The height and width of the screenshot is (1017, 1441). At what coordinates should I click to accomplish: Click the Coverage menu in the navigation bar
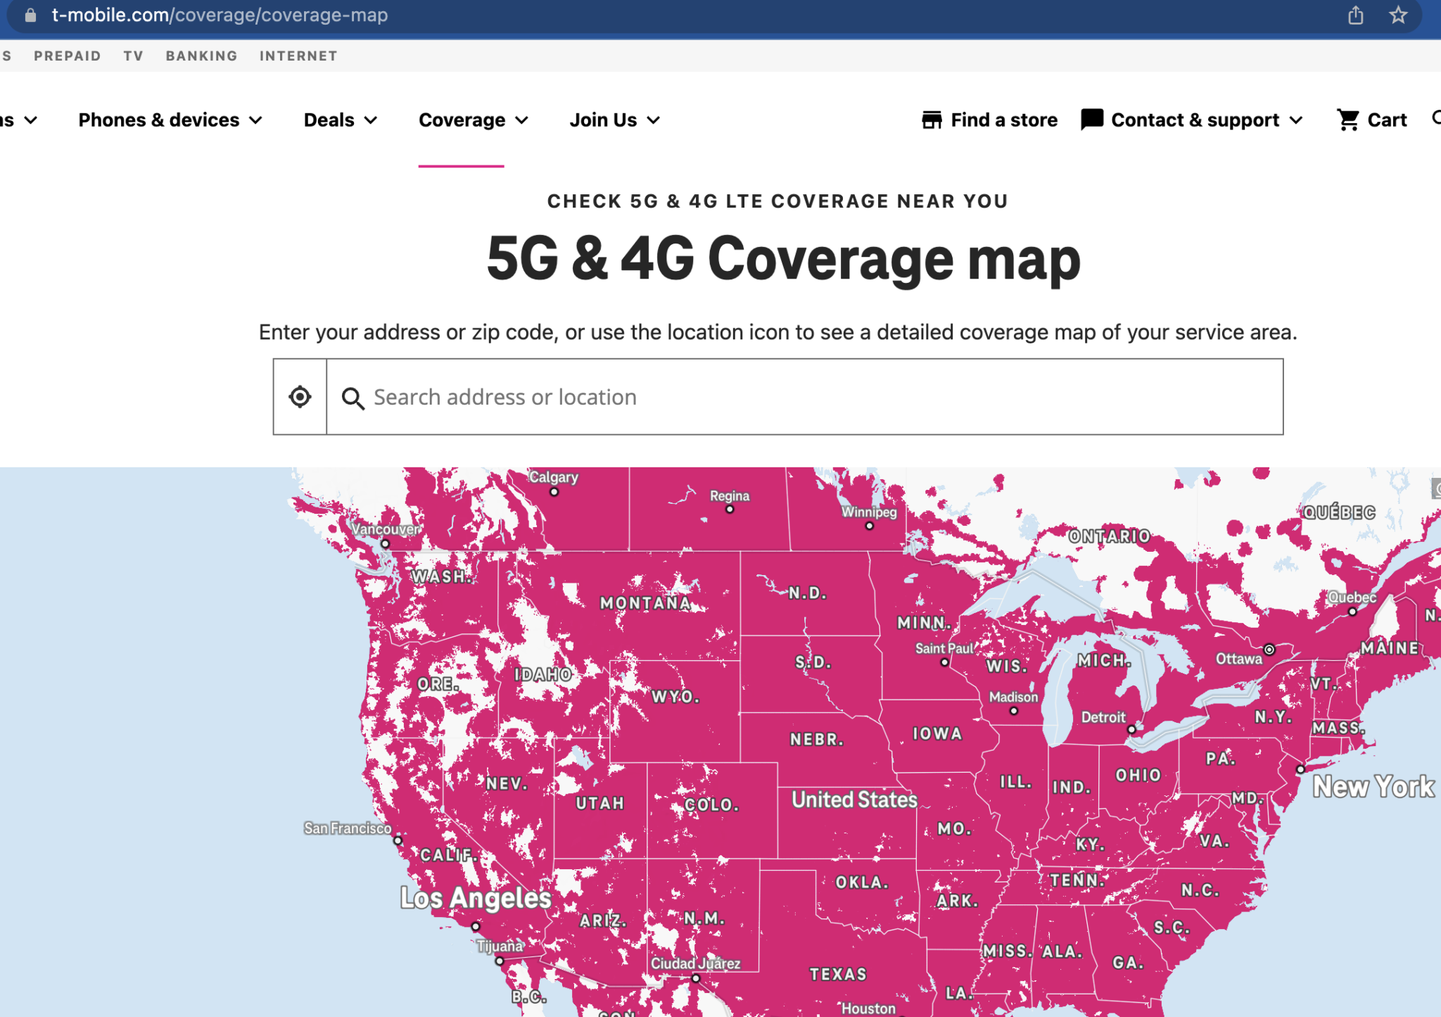[473, 120]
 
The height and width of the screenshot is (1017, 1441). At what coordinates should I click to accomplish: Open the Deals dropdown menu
[340, 120]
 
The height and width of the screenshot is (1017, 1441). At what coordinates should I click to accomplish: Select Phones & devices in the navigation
[170, 120]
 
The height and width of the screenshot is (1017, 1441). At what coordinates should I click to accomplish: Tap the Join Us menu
[614, 120]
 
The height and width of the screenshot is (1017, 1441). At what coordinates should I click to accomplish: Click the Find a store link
[990, 120]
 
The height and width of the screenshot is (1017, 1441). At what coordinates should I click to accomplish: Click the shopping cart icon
[1348, 120]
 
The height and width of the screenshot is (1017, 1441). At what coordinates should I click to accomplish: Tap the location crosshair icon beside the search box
[300, 397]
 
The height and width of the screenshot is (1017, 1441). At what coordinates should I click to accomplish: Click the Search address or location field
[802, 397]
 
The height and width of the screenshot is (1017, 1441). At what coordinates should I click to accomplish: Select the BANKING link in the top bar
[201, 56]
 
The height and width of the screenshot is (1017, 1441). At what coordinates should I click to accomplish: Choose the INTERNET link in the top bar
[298, 56]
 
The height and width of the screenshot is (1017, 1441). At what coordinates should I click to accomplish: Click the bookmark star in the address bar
[1398, 15]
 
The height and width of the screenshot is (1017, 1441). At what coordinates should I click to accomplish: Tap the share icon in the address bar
[1356, 15]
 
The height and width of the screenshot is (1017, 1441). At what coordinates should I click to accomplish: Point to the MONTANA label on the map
[645, 603]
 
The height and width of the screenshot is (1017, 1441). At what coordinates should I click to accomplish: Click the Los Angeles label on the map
[476, 898]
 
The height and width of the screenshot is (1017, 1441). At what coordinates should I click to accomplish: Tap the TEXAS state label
[838, 974]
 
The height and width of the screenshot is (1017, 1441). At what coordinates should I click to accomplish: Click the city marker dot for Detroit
[1131, 729]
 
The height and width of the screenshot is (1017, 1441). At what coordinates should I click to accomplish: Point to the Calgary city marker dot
[554, 492]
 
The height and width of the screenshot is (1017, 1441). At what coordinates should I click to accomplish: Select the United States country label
[854, 800]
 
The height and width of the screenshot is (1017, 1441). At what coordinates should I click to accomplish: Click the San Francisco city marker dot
[398, 840]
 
